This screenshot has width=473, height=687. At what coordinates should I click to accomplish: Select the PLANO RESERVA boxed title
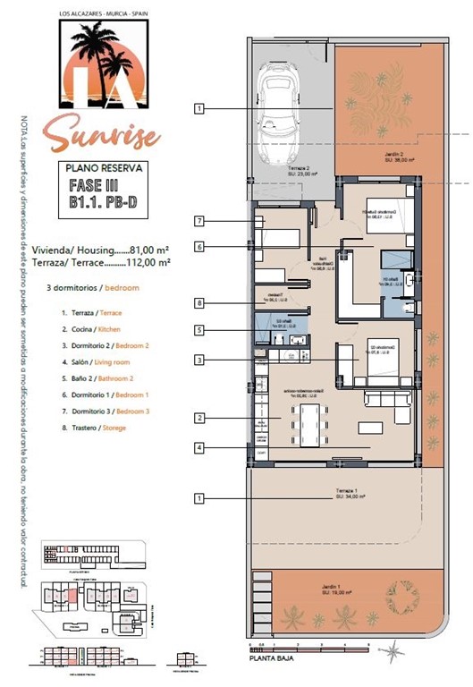tap(99, 167)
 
